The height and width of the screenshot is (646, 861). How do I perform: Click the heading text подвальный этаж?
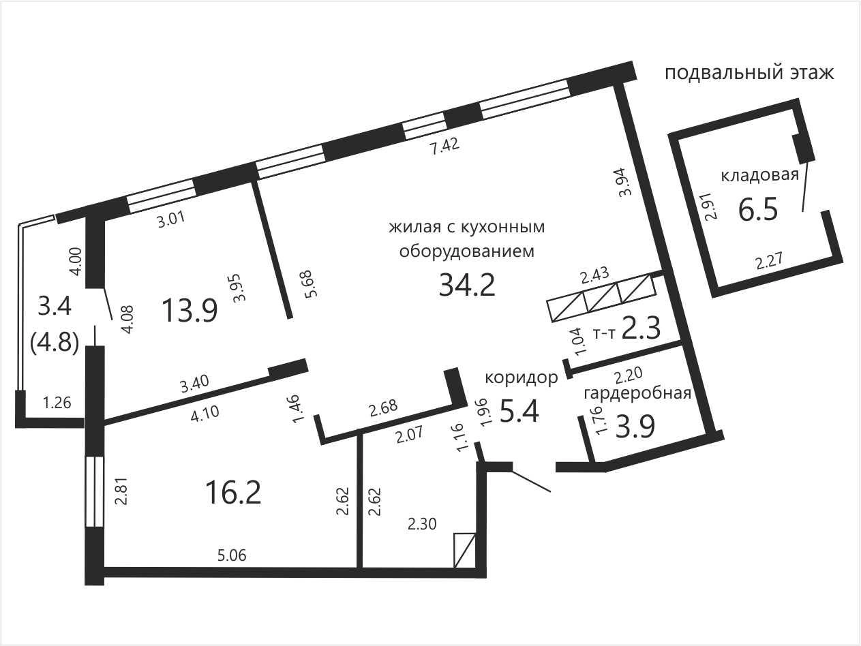tap(749, 74)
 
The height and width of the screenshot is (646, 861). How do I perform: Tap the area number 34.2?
tap(467, 286)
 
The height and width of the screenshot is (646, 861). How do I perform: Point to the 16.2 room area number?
tap(232, 493)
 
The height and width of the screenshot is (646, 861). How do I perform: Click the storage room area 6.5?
tap(758, 210)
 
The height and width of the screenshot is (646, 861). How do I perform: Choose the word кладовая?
tap(760, 175)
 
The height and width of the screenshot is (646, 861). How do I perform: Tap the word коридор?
tap(522, 378)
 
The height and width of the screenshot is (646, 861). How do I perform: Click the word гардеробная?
tap(637, 393)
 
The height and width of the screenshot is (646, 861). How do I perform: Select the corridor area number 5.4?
tap(519, 412)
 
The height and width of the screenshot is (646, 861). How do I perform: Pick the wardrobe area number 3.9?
tap(635, 427)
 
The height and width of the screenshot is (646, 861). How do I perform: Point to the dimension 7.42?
tap(444, 147)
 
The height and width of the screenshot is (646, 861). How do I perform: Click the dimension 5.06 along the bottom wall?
tap(232, 555)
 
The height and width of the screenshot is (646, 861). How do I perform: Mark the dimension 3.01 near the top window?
tap(170, 219)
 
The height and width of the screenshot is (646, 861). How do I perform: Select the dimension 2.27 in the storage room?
tap(769, 261)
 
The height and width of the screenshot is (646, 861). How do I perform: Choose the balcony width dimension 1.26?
tap(57, 403)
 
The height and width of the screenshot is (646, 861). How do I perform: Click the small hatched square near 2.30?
tap(464, 550)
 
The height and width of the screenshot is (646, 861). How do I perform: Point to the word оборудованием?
tap(467, 251)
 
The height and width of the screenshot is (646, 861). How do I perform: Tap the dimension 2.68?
tap(383, 408)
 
